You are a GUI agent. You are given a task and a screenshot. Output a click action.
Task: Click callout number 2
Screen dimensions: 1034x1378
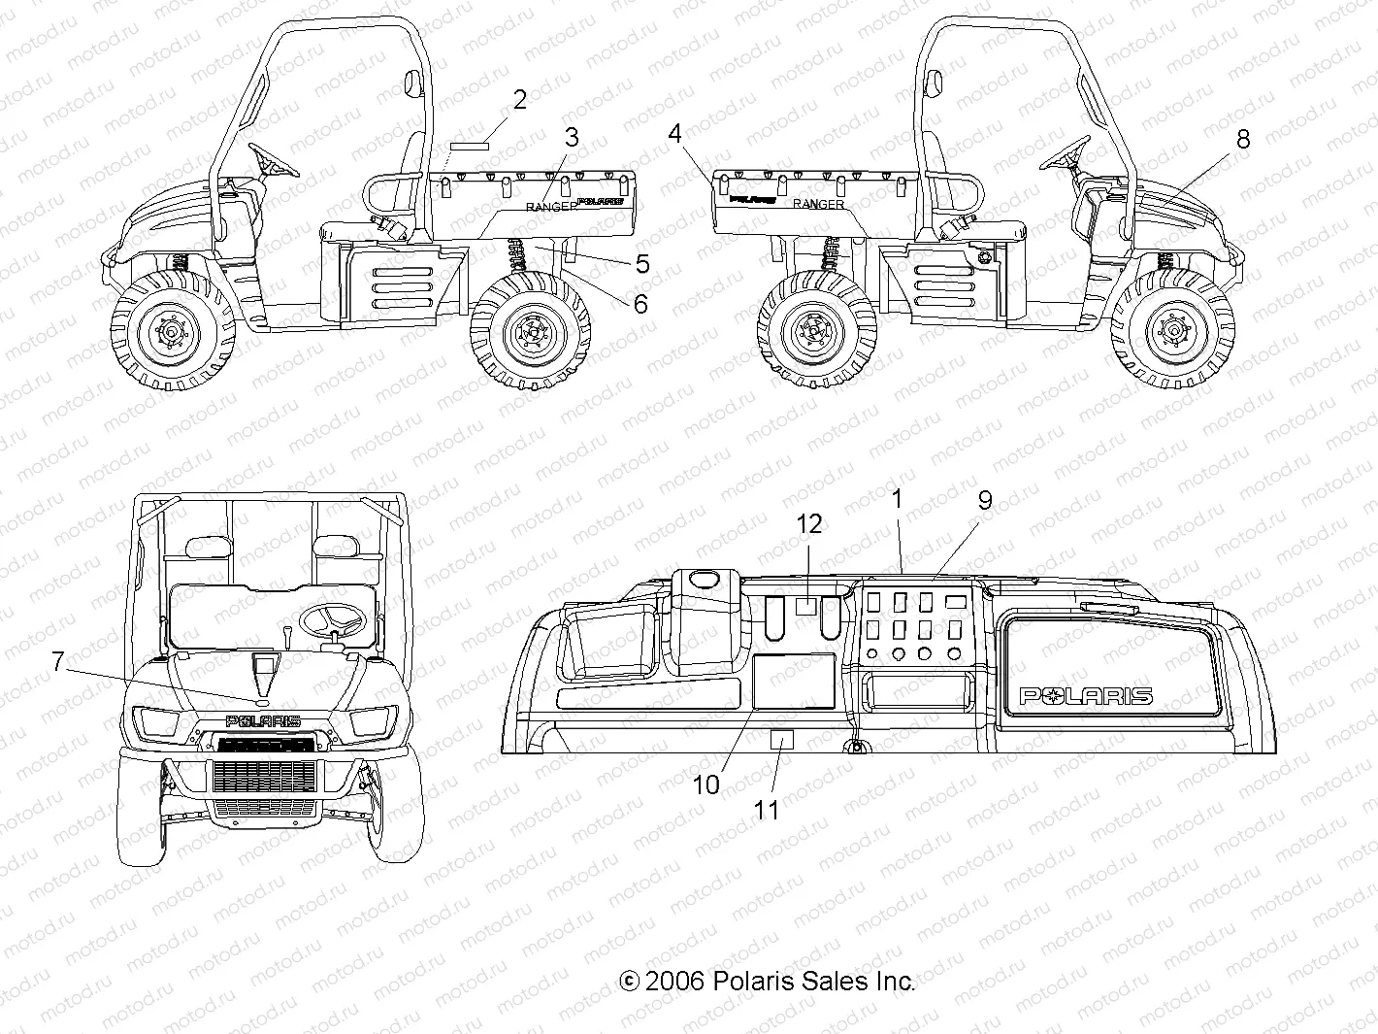point(520,99)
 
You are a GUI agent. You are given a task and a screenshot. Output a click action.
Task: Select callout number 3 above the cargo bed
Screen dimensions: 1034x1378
point(572,137)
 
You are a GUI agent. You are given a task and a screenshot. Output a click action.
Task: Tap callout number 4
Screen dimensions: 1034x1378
point(675,133)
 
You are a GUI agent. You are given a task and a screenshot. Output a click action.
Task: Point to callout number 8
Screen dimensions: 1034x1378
point(1243,139)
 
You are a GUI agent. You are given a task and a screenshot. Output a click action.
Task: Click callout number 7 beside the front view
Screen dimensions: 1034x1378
point(58,662)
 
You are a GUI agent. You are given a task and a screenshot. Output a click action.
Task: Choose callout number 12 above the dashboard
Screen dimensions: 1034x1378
point(809,524)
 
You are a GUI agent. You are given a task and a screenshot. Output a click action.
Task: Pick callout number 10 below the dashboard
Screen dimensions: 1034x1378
point(706,784)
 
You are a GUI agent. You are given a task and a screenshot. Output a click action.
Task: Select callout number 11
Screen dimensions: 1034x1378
point(767,810)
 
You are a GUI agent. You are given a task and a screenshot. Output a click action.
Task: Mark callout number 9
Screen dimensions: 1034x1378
point(985,501)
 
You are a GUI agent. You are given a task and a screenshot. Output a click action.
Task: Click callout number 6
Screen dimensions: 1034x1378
point(640,304)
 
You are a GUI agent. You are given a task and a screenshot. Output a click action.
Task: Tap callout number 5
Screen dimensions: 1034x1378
point(642,263)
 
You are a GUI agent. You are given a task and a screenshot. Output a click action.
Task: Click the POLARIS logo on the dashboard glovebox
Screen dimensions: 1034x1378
point(1085,695)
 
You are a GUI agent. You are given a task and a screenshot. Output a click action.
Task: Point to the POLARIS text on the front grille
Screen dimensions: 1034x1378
point(263,721)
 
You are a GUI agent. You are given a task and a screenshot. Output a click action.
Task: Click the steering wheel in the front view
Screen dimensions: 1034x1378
point(332,618)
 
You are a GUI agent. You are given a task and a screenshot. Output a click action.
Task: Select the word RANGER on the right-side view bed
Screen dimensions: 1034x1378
point(818,204)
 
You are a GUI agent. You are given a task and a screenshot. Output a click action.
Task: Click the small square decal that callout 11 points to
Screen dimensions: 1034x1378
point(782,739)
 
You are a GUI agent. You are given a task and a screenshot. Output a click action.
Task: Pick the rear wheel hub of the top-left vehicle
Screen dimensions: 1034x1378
point(531,333)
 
